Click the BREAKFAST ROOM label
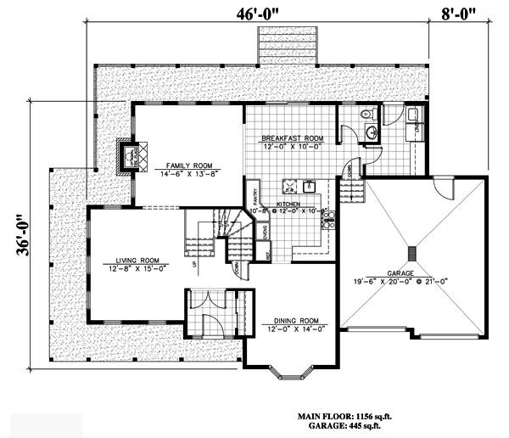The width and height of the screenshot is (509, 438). point(291,138)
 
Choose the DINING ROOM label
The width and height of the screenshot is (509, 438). point(291,321)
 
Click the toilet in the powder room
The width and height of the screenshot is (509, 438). point(366,114)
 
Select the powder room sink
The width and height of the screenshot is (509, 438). point(372,131)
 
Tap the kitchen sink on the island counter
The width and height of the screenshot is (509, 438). point(310,185)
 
